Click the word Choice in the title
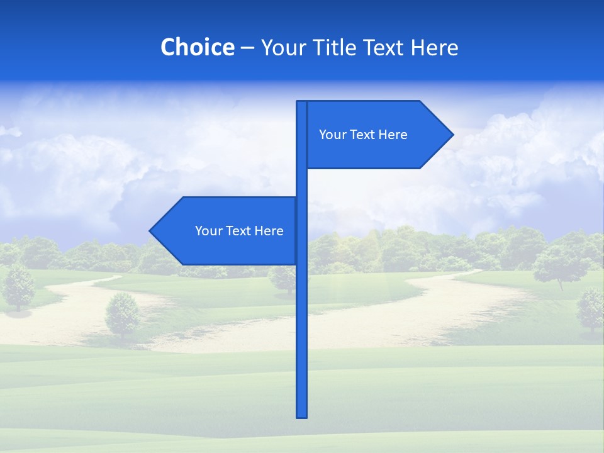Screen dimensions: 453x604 (x=197, y=47)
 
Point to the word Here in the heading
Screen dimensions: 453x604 (x=435, y=47)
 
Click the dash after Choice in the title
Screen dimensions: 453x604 (x=247, y=48)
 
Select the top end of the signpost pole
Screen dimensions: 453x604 (x=301, y=103)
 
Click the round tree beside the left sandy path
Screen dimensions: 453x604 (x=123, y=315)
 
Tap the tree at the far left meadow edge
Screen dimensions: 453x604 (x=19, y=288)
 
